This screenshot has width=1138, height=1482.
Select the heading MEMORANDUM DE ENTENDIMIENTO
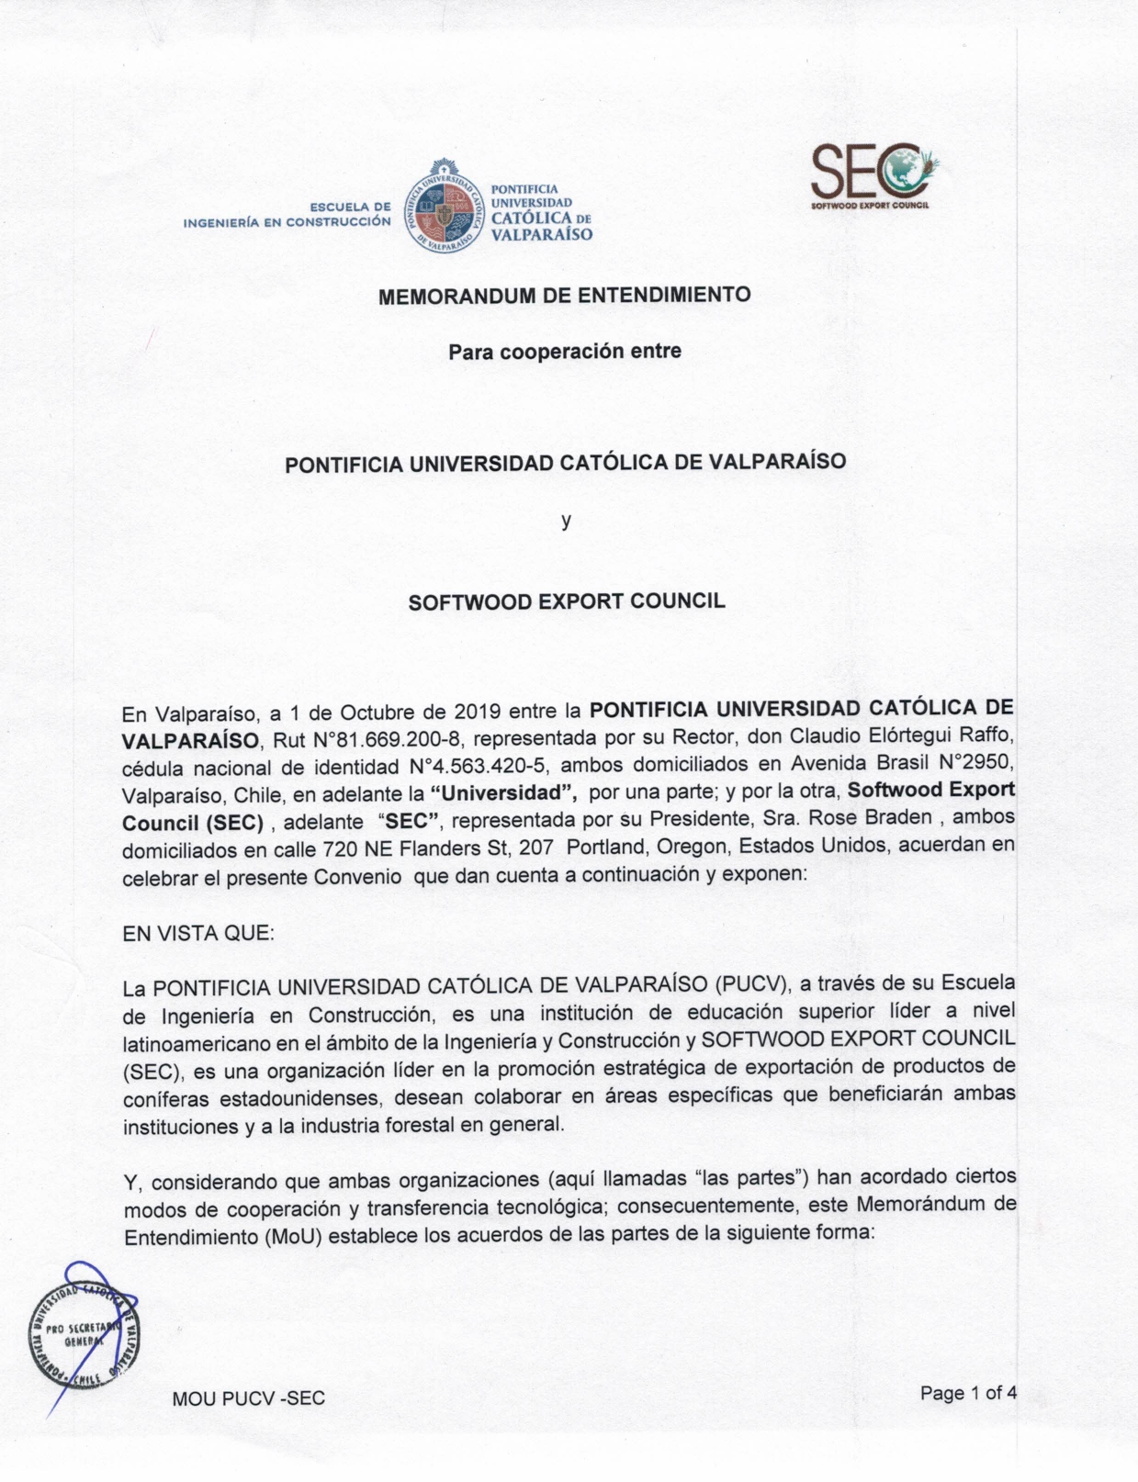[565, 296]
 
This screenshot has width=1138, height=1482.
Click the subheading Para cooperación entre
[565, 351]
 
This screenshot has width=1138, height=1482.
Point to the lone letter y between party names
[567, 521]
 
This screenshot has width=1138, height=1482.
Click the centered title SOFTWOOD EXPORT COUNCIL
[567, 602]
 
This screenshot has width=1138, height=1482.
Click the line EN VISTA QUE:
[198, 934]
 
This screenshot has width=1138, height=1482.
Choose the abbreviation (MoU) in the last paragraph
[293, 1236]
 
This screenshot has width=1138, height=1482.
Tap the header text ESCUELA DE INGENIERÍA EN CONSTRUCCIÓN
[287, 214]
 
